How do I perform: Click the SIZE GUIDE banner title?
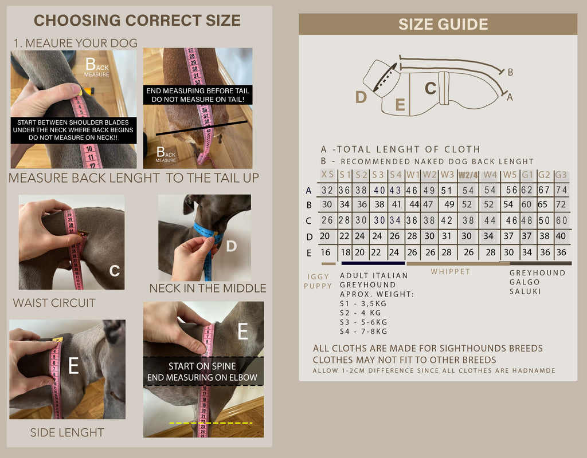tap(443, 24)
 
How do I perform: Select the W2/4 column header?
tap(468, 175)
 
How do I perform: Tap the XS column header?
tap(327, 174)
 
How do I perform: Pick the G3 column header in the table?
tap(561, 175)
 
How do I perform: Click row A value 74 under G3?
tap(561, 190)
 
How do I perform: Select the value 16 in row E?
tap(326, 252)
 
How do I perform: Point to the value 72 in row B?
tap(561, 204)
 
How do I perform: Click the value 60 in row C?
tap(562, 220)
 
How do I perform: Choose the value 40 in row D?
tap(561, 236)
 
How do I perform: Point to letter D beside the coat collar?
tap(361, 97)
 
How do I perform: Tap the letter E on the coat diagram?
tap(400, 105)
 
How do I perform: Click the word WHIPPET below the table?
tap(451, 271)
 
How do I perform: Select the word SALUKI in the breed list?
tap(525, 291)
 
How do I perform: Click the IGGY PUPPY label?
tap(318, 281)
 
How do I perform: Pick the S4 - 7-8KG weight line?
tap(363, 331)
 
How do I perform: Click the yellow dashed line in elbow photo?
tap(211, 423)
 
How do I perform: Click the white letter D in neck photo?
tap(232, 246)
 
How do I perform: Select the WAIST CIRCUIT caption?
tap(54, 303)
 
